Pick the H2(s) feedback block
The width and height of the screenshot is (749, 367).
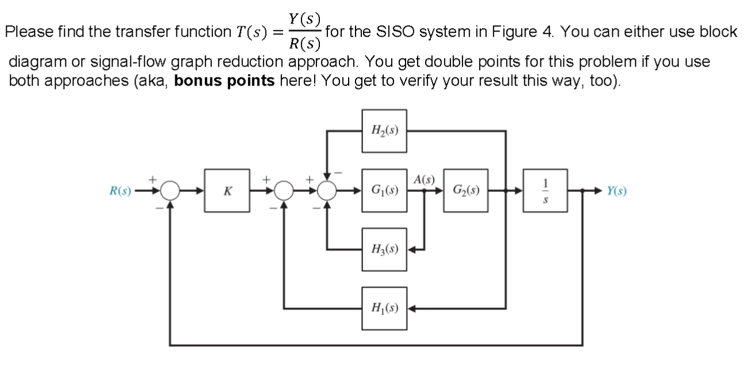pos(384,132)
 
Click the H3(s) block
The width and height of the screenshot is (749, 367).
pos(384,250)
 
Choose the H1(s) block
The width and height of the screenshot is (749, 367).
pos(384,308)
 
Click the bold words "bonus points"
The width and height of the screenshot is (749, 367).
pos(224,80)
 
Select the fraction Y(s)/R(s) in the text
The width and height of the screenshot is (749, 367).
pos(305,32)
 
